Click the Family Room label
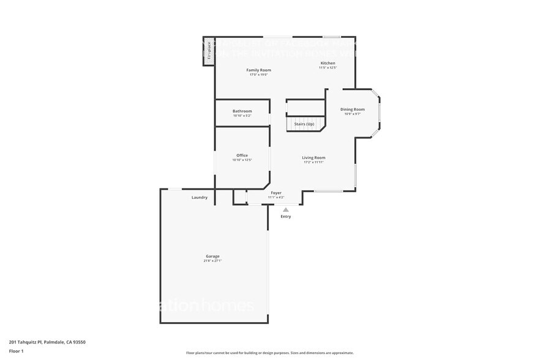tap(258, 70)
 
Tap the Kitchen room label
tap(328, 63)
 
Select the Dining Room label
tap(352, 110)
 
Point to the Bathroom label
tap(242, 111)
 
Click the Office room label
tap(242, 155)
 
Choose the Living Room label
tap(313, 157)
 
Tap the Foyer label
tap(276, 193)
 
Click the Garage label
tap(212, 256)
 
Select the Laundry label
tap(200, 197)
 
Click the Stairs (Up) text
tap(304, 124)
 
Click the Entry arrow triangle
tap(285, 209)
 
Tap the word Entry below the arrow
tap(286, 217)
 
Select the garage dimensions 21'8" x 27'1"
tap(212, 261)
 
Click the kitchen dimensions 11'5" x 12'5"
tap(328, 68)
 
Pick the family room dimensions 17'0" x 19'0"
tap(258, 75)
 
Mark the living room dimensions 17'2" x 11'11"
tap(313, 162)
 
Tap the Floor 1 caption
tap(17, 351)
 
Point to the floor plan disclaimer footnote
tap(270, 353)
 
